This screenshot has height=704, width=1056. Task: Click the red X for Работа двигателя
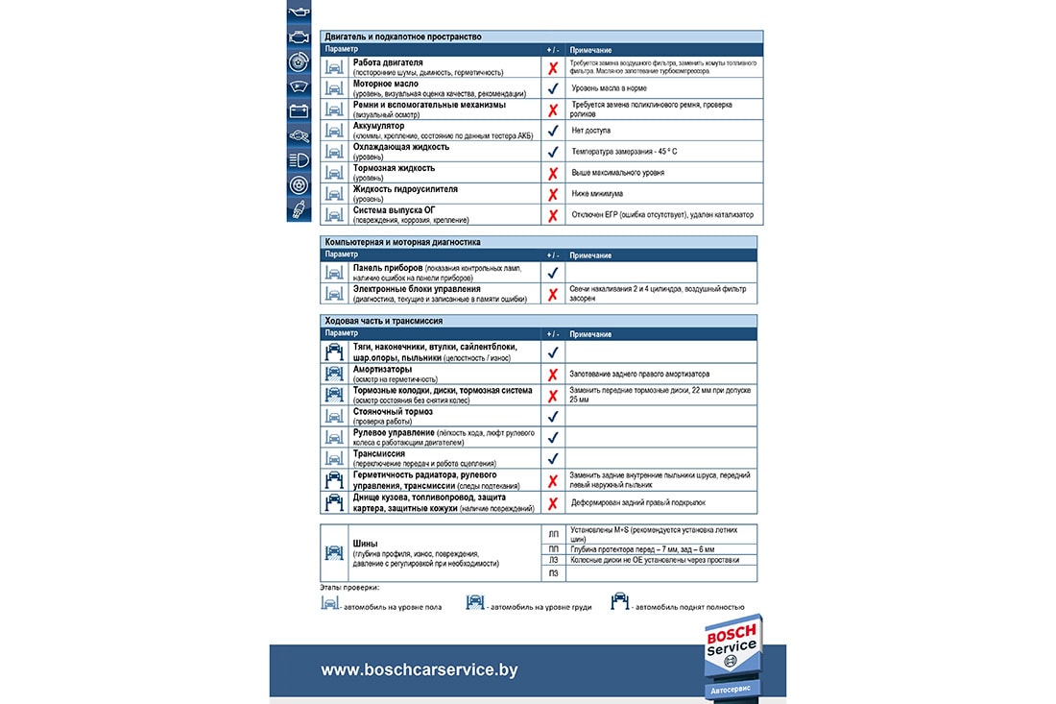pos(553,68)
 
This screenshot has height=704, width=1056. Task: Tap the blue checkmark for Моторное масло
pos(553,88)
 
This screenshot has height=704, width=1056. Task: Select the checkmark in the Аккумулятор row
pos(553,131)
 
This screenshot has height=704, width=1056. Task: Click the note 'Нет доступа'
pos(590,131)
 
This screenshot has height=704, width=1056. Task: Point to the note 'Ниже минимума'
pos(598,194)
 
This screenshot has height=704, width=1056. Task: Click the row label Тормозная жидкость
pos(394,168)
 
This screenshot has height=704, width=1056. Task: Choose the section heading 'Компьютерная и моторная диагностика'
pos(403,243)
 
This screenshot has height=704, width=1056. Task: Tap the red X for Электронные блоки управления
pos(553,295)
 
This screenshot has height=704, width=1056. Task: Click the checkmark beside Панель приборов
pos(553,273)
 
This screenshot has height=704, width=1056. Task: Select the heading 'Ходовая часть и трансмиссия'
pos(384,321)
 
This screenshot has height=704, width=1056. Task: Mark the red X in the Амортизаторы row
pos(553,375)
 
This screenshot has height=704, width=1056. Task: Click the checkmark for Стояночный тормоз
pos(553,417)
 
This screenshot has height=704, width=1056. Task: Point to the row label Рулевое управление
pos(396,432)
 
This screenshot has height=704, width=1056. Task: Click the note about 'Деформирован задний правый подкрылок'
pos(639,502)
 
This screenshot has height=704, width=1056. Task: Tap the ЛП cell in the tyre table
pos(553,533)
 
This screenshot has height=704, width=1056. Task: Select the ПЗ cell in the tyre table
pos(553,573)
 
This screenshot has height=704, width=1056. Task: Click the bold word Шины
pos(365,542)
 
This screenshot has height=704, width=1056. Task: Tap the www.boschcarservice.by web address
pos(419,670)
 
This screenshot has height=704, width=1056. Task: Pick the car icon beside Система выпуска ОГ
pos(334,215)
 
